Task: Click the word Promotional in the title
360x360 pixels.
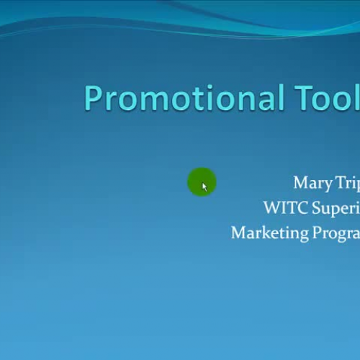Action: (x=183, y=98)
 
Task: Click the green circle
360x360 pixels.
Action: (x=202, y=182)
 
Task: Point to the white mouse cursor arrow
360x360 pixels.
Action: (x=204, y=187)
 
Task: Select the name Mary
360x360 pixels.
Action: (x=312, y=184)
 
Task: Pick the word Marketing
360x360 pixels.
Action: (x=268, y=233)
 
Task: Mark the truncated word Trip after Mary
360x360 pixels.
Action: (x=348, y=184)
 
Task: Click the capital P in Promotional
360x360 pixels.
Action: (x=94, y=98)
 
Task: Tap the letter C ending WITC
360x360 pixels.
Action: (x=301, y=208)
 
